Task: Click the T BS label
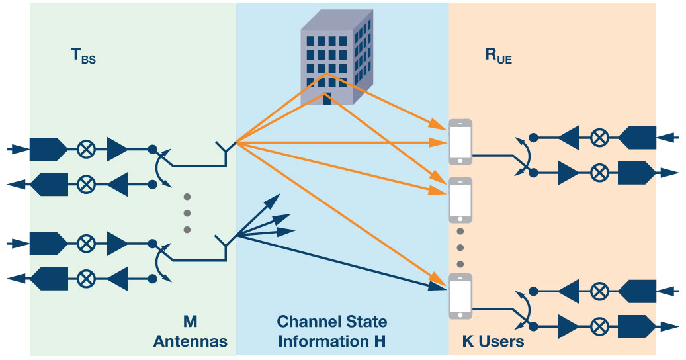click(83, 57)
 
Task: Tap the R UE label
click(498, 57)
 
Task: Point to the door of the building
click(326, 100)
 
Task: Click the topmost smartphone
click(460, 142)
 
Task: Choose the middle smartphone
click(460, 201)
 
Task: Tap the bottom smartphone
click(460, 295)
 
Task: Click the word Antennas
click(191, 342)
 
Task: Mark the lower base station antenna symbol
click(226, 248)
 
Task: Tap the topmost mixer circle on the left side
click(85, 150)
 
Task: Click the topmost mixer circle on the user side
click(599, 137)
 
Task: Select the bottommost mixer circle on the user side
click(599, 326)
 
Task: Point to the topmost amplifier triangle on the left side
click(117, 150)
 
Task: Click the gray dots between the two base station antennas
click(187, 212)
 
